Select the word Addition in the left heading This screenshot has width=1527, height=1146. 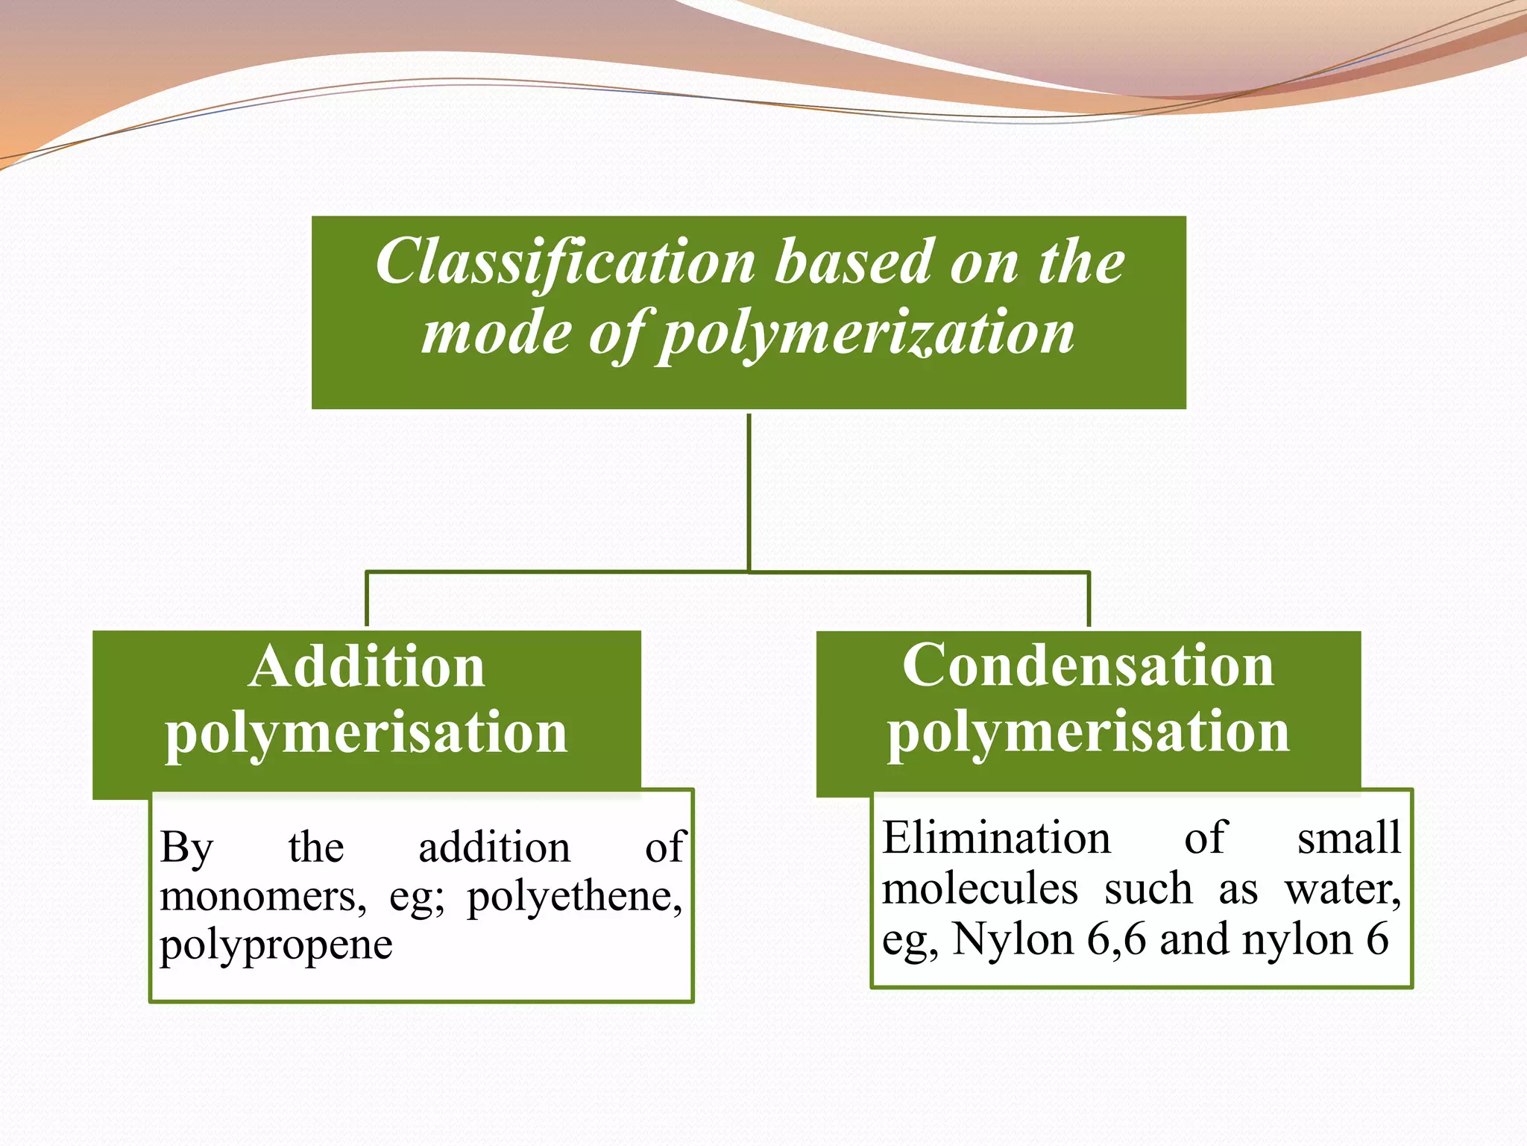tap(367, 666)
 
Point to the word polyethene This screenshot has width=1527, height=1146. tap(574, 897)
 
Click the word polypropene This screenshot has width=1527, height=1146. tap(276, 946)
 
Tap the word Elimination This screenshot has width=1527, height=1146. tap(996, 837)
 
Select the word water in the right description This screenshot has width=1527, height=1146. tap(1342, 889)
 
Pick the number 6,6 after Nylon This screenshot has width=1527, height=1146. tap(1116, 939)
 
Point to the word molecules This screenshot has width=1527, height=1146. tap(980, 889)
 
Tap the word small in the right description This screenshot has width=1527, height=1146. tap(1349, 837)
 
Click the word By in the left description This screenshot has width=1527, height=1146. tap(186, 848)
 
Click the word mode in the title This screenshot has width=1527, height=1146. tap(497, 333)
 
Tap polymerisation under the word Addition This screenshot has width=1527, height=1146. tap(366, 733)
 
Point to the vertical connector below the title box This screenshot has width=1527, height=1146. tap(749, 492)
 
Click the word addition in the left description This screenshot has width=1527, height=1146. tap(494, 848)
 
